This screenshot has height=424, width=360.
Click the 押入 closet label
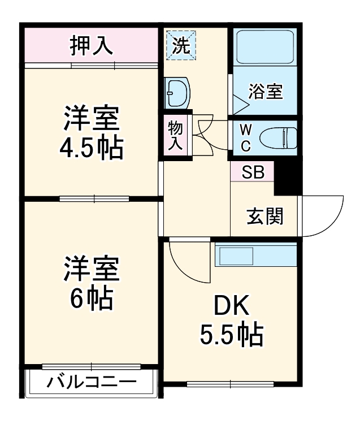pos(91,45)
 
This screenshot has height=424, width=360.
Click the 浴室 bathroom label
pos(265,91)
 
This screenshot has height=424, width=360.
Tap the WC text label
pos(245,138)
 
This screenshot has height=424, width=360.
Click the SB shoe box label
pos(253,173)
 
